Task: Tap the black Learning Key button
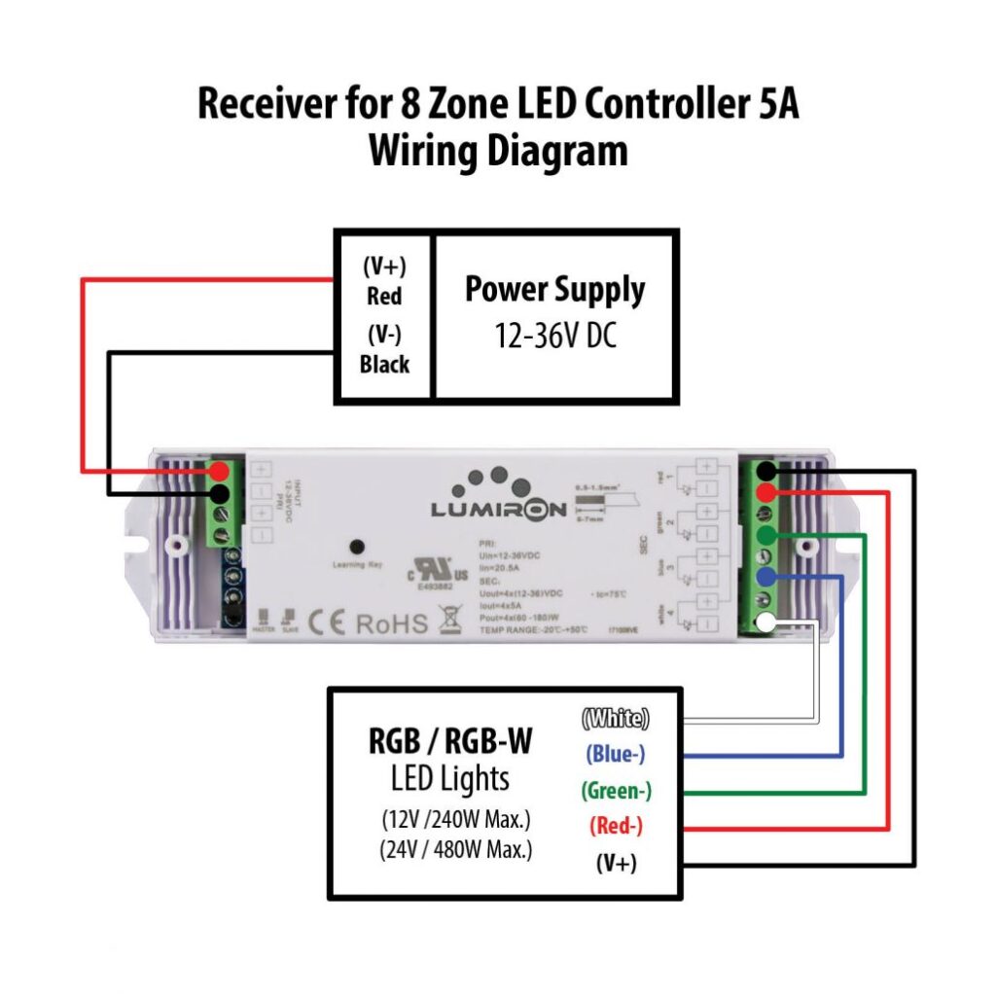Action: coord(357,547)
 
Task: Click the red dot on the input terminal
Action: coord(221,471)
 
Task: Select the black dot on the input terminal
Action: coord(221,494)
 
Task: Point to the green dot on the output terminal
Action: coord(767,535)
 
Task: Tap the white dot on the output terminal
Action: coord(767,623)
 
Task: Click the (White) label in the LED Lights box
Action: coord(615,719)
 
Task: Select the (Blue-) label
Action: coord(615,754)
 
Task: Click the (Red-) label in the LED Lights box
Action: coord(616,826)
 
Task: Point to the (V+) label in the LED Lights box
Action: coord(616,863)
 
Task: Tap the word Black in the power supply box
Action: coord(383,365)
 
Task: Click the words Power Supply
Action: coord(554,290)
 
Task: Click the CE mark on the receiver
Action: coord(327,622)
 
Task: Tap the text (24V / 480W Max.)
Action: coord(456,849)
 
